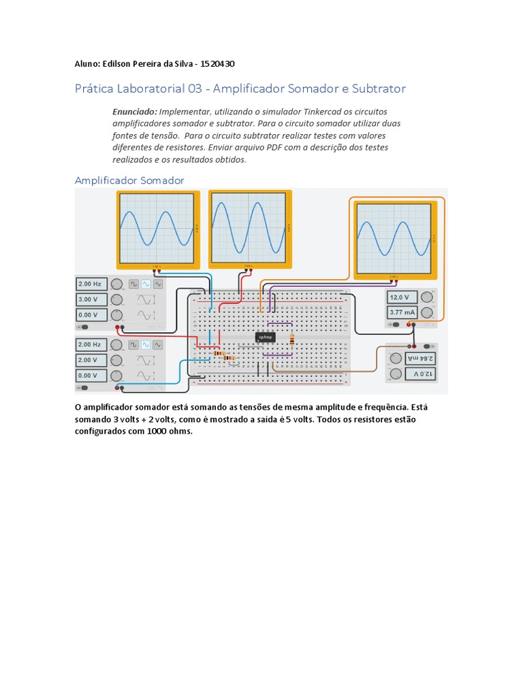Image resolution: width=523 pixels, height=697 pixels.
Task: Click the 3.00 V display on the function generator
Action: click(x=91, y=299)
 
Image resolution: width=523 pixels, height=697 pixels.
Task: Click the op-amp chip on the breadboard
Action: click(x=265, y=337)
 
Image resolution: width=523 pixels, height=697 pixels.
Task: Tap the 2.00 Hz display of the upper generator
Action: click(x=91, y=284)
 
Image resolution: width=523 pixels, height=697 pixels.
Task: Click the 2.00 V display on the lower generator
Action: click(x=91, y=360)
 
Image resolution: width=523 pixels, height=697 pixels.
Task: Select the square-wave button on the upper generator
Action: click(x=134, y=284)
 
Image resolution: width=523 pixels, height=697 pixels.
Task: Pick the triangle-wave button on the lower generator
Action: click(x=158, y=344)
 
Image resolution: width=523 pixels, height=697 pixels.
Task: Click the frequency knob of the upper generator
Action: click(x=116, y=284)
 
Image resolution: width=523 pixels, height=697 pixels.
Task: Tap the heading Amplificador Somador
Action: click(x=129, y=180)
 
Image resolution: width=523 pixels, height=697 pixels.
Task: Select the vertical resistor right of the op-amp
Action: click(x=292, y=338)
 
